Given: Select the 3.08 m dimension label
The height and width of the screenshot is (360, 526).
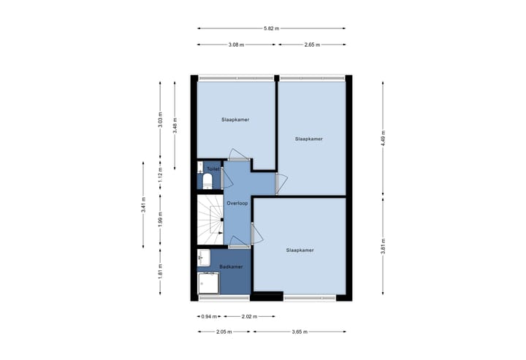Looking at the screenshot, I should pos(235,45).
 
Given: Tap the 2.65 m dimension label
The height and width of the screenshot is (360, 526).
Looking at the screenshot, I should pos(312,45).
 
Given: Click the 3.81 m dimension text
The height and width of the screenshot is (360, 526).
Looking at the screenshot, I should pos(383,248).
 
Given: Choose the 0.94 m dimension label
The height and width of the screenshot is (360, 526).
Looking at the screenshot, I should pos(207,316).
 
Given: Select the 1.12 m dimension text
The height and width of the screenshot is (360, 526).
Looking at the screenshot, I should pos(160,175).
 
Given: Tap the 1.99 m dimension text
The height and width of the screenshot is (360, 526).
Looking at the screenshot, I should pos(160,218).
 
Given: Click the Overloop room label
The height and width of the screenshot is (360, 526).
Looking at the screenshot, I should pos(237,204).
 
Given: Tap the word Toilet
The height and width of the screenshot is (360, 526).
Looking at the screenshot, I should pos(213,169).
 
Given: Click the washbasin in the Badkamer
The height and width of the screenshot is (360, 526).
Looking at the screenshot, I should pos(204,257).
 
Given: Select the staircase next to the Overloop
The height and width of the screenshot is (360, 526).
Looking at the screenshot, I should pos(209,219).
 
